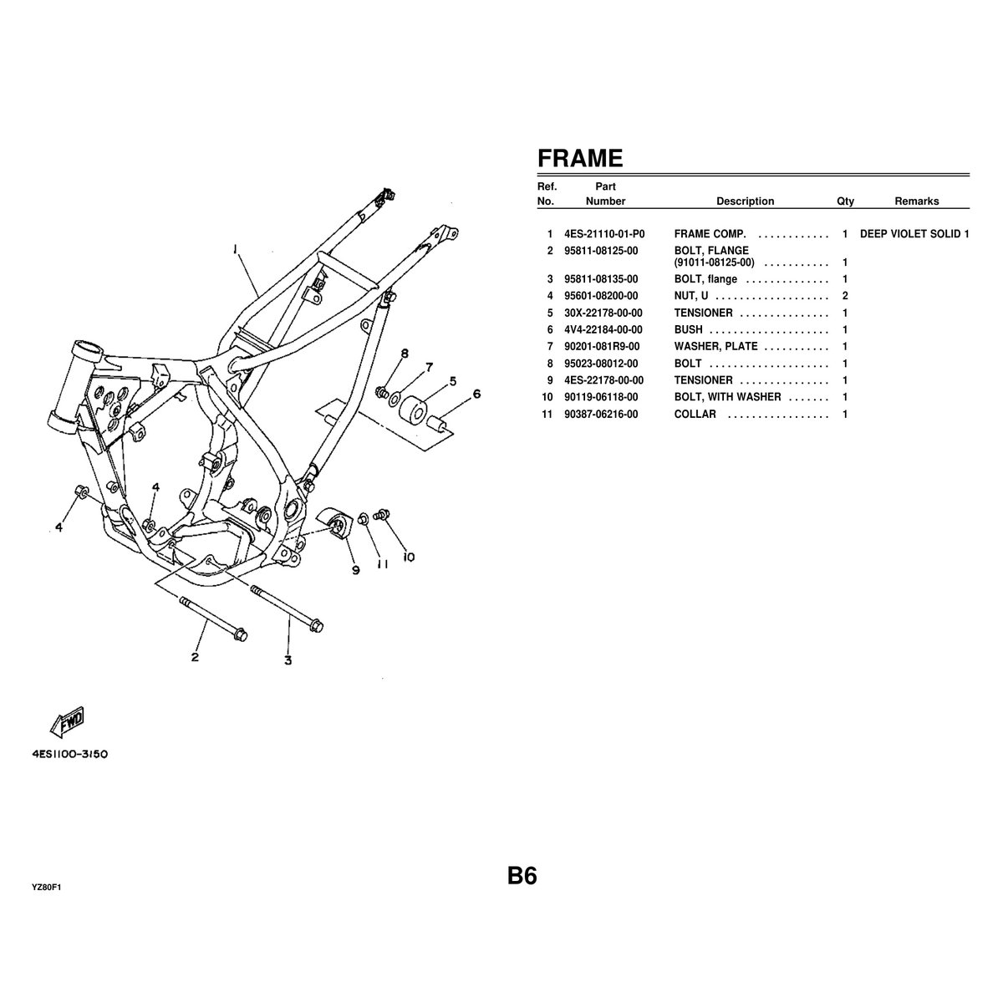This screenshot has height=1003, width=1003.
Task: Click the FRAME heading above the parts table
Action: pyautogui.click(x=579, y=158)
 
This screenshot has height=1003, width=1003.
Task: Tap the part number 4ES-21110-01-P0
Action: pyautogui.click(x=604, y=234)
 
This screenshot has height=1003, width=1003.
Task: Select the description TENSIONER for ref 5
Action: pyautogui.click(x=703, y=313)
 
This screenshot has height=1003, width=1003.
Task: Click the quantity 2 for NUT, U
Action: pyautogui.click(x=845, y=296)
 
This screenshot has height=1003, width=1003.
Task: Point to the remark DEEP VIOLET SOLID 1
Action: pyautogui.click(x=914, y=234)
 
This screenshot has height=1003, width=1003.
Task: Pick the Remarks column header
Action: pyautogui.click(x=916, y=201)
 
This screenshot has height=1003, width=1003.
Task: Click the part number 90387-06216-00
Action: pyautogui.click(x=601, y=414)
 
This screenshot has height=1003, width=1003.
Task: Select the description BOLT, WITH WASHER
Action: pyautogui.click(x=727, y=397)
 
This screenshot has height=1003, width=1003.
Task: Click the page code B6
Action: pyautogui.click(x=522, y=876)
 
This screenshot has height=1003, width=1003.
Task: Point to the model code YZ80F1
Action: pyautogui.click(x=47, y=888)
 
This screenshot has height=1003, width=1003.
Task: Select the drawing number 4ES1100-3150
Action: pyautogui.click(x=70, y=753)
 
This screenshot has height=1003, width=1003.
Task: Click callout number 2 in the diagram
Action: pyautogui.click(x=195, y=657)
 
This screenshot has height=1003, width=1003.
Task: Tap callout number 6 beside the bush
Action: pyautogui.click(x=476, y=395)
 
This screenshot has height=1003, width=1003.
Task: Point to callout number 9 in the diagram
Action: pyautogui.click(x=355, y=570)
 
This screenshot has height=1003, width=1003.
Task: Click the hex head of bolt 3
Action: pyautogui.click(x=317, y=626)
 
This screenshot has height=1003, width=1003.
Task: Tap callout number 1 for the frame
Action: pyautogui.click(x=236, y=248)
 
